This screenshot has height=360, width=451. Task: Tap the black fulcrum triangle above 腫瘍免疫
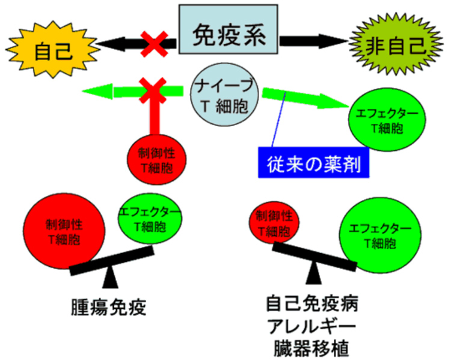111,277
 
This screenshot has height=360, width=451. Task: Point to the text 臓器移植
313,349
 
